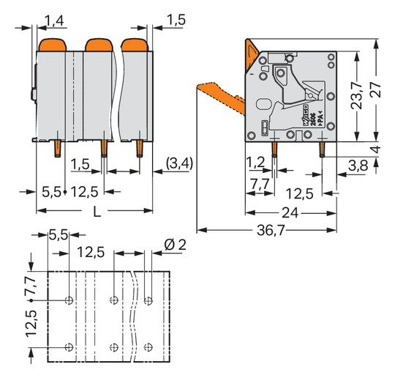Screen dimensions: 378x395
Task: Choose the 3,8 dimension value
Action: pos(358,165)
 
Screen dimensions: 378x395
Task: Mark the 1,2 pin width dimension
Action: pos(255,161)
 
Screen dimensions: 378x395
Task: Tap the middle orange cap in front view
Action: pos(99,46)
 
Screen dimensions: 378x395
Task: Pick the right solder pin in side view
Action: pos(322,150)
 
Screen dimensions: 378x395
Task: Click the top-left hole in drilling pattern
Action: pos(69,300)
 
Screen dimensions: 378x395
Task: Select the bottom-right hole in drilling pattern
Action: pos(149,346)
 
